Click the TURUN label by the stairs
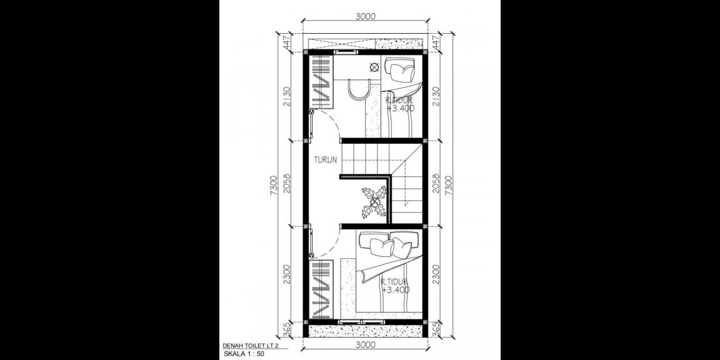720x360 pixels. (x=326, y=159)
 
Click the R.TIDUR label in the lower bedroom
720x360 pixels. (x=394, y=282)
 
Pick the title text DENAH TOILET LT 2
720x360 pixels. (x=250, y=345)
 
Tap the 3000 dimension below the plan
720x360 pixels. (x=365, y=344)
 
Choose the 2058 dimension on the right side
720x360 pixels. (x=436, y=185)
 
